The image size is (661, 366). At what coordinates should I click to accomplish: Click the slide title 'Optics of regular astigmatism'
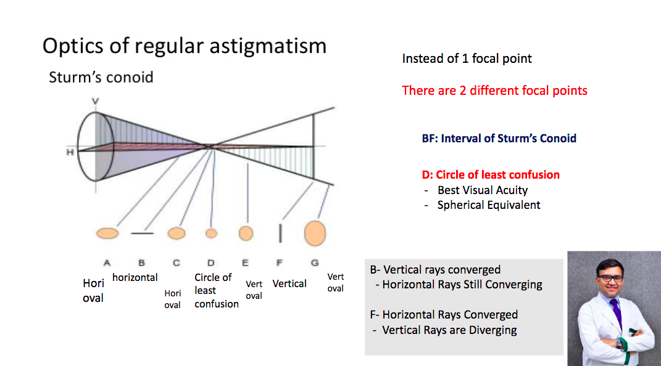pos(184,46)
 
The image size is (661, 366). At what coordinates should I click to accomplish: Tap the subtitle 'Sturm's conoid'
pos(101,78)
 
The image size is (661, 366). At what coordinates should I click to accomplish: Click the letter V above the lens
pos(95,101)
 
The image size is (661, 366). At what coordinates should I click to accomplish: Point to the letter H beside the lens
pos(70,152)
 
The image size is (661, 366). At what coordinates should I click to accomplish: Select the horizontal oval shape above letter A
pos(107,233)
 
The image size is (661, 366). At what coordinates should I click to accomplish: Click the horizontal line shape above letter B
pos(142,233)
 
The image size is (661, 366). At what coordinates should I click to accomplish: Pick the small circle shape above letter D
pos(211,233)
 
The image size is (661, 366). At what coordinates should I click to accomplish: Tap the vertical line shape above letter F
pos(280,233)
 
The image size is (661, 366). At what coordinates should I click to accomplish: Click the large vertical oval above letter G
pos(315,233)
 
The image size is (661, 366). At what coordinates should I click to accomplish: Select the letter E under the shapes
pos(246,263)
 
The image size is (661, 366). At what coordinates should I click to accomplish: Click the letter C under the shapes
pos(177,263)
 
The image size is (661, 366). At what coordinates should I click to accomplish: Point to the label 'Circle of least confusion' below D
pos(216,291)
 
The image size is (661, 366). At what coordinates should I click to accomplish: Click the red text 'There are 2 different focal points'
pos(494,91)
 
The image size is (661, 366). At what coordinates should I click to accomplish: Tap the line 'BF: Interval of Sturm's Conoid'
pos(499,139)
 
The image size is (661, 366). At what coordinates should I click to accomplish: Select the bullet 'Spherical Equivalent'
pos(489,205)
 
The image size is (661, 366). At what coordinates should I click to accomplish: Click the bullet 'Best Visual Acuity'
pos(482,190)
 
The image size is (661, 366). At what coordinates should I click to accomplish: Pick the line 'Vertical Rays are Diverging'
pos(449,330)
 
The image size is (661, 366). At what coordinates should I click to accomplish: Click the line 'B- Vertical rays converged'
pos(436,270)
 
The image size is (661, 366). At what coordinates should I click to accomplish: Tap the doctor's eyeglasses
pos(610,278)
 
